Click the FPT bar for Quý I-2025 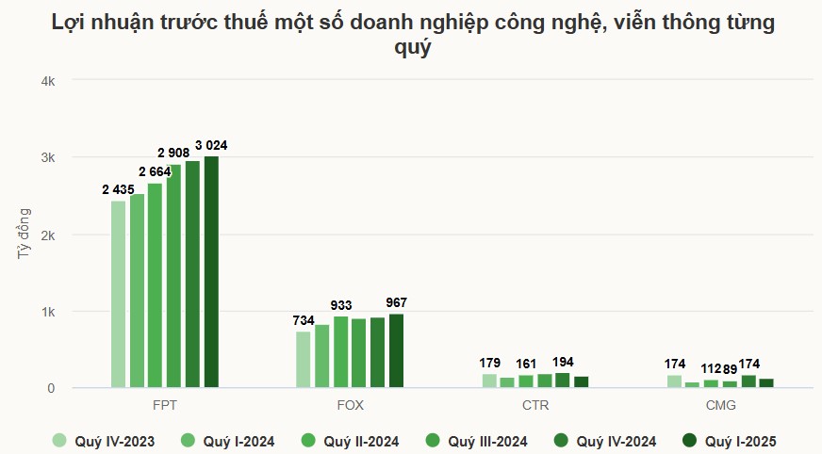(x=211, y=271)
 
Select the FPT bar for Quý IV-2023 (x=118, y=294)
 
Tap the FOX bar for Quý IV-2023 (x=303, y=359)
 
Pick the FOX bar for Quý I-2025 (x=396, y=350)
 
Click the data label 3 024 (x=211, y=145)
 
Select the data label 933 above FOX (x=341, y=305)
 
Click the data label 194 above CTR (x=562, y=362)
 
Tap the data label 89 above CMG (x=730, y=368)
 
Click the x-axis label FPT (x=164, y=406)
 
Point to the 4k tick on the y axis (x=48, y=81)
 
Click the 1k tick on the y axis (x=48, y=311)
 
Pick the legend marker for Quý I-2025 (x=689, y=440)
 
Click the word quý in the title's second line (x=411, y=48)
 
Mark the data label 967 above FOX (x=397, y=302)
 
